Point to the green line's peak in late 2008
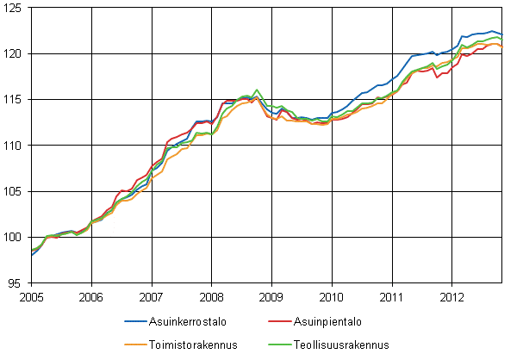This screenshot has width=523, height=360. [x=257, y=90]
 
